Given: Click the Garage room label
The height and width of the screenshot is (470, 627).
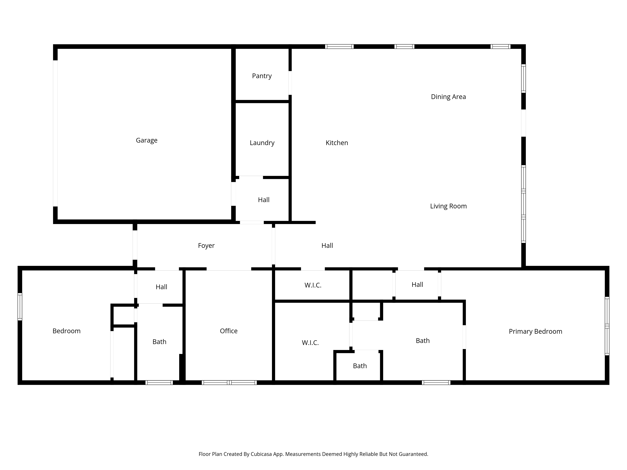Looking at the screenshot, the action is coord(147,140).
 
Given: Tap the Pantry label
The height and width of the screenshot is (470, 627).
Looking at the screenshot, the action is coord(262,76).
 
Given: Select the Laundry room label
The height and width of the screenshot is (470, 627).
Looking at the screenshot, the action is coord(262,143).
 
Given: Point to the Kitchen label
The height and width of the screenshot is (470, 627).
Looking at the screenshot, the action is coord(337,143).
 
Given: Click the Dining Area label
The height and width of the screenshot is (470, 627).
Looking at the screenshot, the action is coord(448,97).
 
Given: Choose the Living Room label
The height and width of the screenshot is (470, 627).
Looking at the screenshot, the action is coord(448,206).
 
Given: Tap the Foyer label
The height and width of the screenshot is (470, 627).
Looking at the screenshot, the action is coord(206,246).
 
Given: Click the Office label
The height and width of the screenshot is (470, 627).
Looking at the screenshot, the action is coord(229,331).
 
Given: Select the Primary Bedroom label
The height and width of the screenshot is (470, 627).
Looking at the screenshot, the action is coord(535,332).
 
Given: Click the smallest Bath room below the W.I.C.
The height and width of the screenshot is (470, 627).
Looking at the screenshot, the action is coord(360,366).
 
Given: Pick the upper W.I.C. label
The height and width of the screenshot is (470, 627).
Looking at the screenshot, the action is coord(313,285).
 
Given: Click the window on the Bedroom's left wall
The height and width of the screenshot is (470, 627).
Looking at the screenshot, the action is coord(20,307).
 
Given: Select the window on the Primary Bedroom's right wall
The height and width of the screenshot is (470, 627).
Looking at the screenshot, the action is coord(607,326).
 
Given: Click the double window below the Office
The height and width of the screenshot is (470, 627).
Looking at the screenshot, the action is coord(229,382).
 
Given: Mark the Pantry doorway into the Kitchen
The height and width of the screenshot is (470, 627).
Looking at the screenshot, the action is coord(290,83).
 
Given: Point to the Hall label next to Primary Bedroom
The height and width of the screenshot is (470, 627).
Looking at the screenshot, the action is coord(417,285).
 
